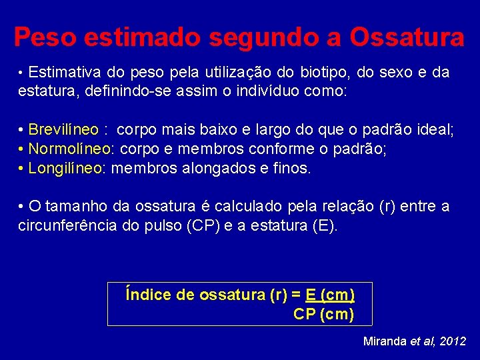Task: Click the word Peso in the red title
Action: coord(42,37)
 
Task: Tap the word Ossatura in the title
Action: coord(407,37)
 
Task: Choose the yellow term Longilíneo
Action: coord(65,168)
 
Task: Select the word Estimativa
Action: coord(62,72)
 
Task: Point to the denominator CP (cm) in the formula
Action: coord(323,315)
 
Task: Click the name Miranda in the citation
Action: coord(384,341)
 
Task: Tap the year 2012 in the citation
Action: coord(453,341)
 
